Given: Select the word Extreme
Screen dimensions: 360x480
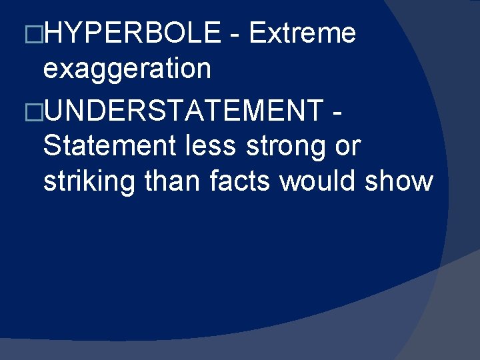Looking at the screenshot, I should tap(302, 33).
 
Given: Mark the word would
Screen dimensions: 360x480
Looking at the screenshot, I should tap(319, 181).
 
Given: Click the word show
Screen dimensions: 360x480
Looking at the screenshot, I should tap(399, 181).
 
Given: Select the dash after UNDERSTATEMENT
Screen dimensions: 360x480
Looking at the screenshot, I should tap(336, 111).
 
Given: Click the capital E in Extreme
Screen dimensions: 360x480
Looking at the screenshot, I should tap(257, 33).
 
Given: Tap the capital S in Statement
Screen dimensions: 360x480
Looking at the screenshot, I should tap(51, 145).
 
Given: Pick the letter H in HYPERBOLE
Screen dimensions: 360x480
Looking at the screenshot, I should tap(53, 33).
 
